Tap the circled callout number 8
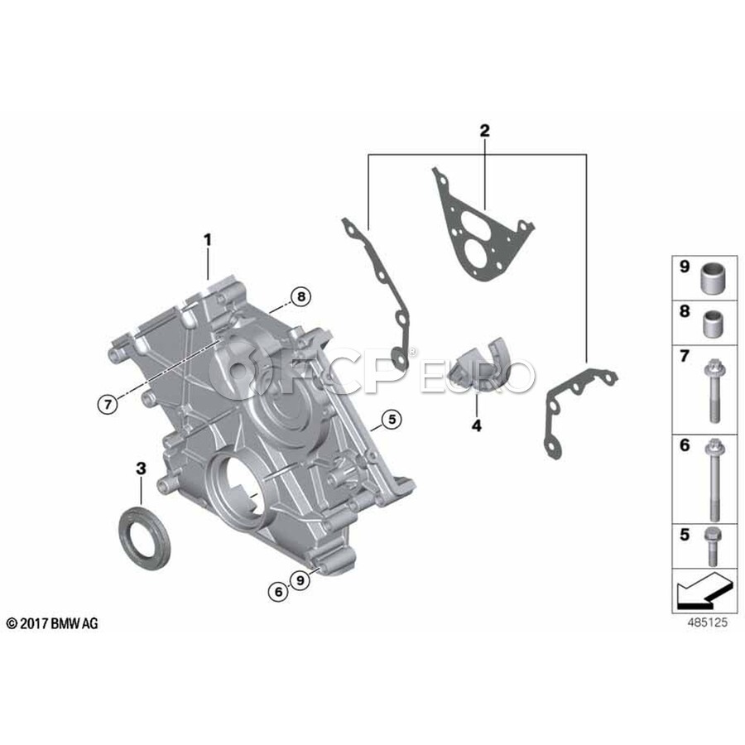tap(300, 297)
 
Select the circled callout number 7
tap(108, 404)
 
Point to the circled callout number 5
tap(392, 419)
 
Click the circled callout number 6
tap(278, 592)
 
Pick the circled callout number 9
tap(300, 580)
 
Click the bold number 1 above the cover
tap(207, 240)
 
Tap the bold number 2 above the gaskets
tap(484, 131)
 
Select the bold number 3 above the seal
tap(141, 469)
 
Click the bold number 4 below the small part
tap(477, 425)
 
